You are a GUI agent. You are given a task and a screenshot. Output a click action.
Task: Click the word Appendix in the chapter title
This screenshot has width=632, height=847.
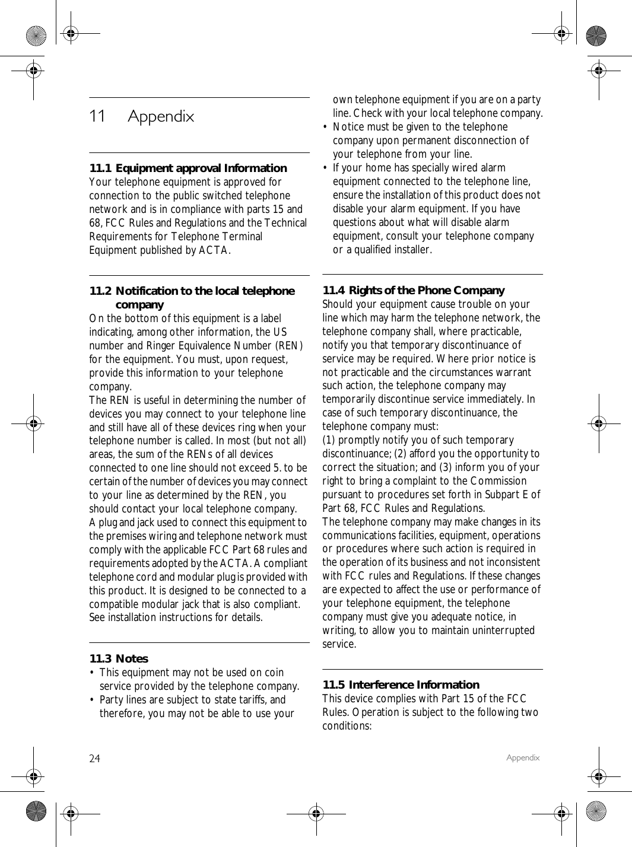161,116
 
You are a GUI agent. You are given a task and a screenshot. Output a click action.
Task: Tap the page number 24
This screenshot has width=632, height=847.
95,759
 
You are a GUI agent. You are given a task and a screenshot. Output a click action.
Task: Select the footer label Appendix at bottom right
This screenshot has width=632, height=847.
523,757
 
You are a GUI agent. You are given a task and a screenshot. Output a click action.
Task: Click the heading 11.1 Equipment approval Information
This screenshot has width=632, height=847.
188,168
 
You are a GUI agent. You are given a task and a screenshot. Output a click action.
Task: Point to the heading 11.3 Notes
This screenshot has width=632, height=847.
119,659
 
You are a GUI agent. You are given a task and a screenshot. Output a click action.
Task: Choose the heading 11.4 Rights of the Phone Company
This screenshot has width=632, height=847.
413,291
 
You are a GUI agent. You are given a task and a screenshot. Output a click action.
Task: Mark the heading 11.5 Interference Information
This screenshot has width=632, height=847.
401,685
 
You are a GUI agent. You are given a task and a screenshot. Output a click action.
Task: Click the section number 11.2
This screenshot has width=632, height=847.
100,291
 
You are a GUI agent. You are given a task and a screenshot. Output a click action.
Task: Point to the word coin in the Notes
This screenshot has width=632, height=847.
274,673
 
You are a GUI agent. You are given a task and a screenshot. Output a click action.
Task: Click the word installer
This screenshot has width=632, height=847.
414,250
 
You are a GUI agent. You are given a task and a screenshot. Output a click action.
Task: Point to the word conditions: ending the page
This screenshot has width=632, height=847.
347,726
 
